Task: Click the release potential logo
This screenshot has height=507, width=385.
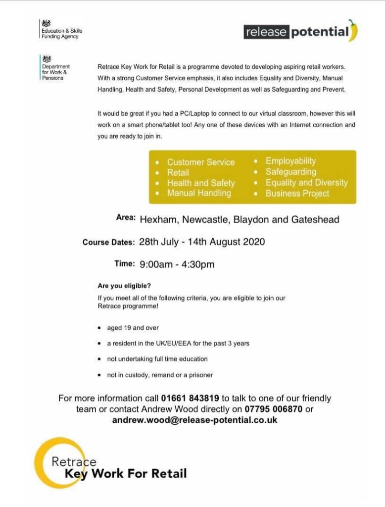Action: (300, 32)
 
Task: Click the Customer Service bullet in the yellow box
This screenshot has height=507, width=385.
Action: (200, 162)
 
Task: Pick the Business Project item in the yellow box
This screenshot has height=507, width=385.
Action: (297, 194)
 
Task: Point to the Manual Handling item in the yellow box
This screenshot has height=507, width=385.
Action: (198, 193)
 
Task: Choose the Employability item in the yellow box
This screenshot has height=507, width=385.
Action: (290, 161)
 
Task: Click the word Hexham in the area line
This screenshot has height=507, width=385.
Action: (158, 219)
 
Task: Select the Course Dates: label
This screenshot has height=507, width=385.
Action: (108, 243)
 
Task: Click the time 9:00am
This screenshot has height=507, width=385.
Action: (156, 264)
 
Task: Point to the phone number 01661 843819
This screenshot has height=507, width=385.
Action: (190, 398)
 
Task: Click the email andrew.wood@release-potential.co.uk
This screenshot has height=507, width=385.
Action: (194, 420)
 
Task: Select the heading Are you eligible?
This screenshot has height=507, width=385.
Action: (124, 286)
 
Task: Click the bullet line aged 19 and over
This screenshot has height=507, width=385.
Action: (133, 328)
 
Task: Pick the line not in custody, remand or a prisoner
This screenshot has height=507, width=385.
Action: (159, 375)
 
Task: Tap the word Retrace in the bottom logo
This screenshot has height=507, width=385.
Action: (74, 461)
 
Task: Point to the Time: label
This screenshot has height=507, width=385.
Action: (124, 264)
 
